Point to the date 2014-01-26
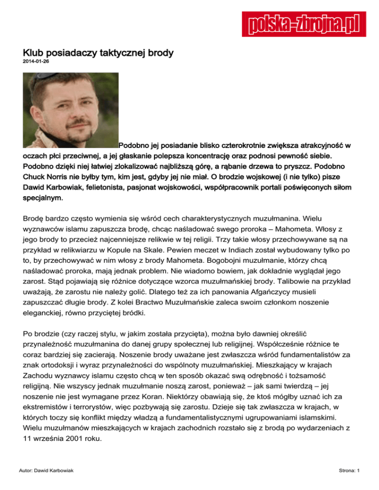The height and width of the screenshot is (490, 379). click(36, 63)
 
